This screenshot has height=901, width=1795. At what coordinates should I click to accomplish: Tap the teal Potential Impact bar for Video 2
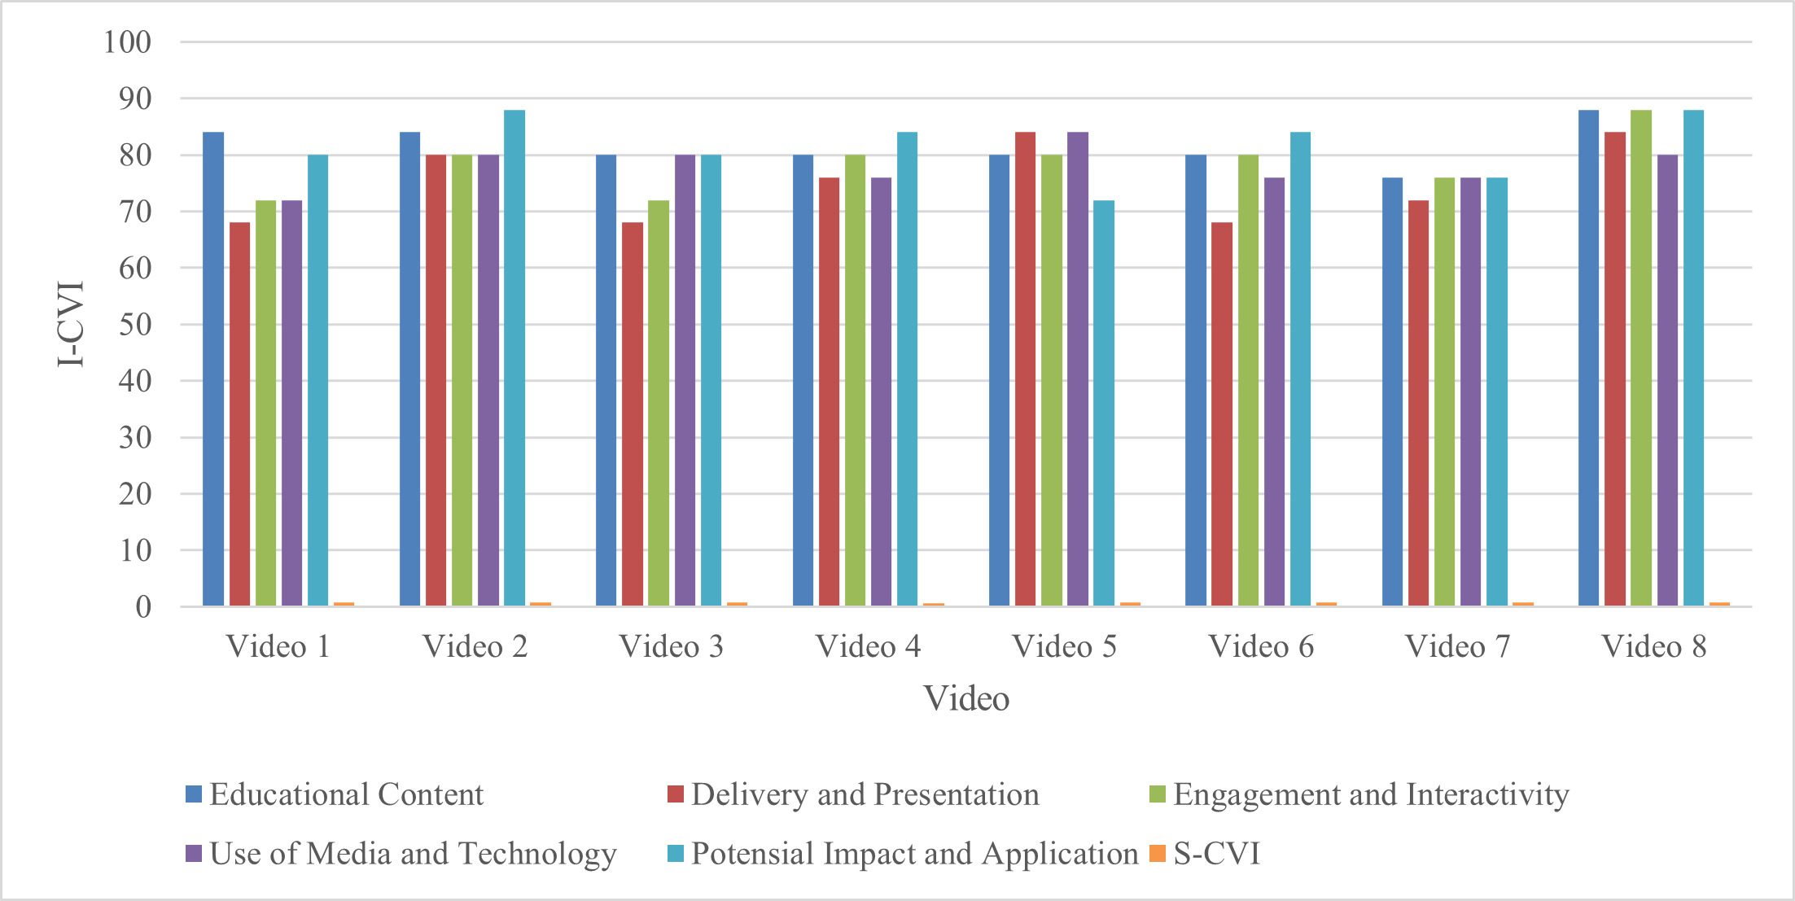point(514,358)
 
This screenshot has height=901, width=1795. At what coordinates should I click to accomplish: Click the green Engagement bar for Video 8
point(1641,358)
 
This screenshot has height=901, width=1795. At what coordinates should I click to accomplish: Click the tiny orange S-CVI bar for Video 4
point(934,604)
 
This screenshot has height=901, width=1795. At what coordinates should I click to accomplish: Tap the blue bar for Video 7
point(1392,391)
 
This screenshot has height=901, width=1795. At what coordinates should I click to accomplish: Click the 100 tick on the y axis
point(127,42)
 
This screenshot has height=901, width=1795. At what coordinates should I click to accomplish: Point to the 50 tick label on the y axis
point(135,324)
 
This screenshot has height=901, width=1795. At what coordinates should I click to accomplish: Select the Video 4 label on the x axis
point(868,646)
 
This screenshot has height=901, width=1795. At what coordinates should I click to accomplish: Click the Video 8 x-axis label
point(1653,646)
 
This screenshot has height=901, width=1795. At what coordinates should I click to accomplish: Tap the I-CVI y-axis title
point(71,324)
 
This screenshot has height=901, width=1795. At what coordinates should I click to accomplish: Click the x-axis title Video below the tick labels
point(966,698)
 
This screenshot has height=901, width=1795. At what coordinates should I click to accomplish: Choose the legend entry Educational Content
point(346,794)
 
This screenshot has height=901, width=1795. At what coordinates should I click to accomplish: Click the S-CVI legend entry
point(1215,854)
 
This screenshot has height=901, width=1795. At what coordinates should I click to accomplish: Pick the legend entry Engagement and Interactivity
point(1371,794)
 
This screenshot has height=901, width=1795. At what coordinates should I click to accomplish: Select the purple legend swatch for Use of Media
point(194,854)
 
